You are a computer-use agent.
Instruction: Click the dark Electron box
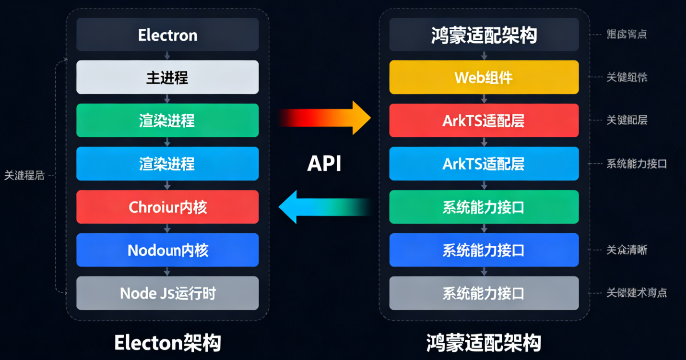coord(167,35)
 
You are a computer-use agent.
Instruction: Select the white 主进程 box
coord(167,77)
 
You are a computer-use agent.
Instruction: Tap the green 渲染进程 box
coord(167,120)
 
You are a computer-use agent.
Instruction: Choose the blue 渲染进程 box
coord(167,164)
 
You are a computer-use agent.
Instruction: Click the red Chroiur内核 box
coord(167,207)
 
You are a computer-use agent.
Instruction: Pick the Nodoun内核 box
coord(167,250)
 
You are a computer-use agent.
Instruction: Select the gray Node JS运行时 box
coord(167,293)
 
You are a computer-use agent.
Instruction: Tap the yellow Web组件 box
coord(484,77)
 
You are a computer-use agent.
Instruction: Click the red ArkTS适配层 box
coord(484,120)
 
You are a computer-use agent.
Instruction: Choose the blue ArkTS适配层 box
coord(484,164)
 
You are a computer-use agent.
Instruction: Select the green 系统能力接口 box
coord(484,207)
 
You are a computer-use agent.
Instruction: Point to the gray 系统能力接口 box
coord(484,293)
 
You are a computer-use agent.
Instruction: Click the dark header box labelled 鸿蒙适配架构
coord(484,35)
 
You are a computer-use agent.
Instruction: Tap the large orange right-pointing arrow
coord(331,118)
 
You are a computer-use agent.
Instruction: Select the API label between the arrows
coord(324,164)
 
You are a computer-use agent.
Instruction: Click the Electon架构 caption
coord(167,343)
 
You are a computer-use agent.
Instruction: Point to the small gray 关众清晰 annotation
coord(627,250)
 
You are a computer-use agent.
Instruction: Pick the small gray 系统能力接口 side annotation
coord(637,164)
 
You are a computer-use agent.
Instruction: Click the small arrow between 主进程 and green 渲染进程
coord(167,99)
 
